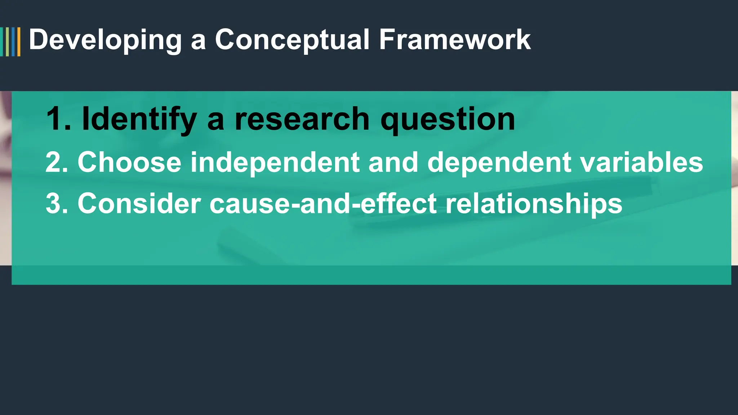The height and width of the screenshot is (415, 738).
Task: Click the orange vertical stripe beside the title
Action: click(19, 42)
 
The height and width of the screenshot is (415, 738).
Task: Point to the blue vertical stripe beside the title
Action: click(13, 42)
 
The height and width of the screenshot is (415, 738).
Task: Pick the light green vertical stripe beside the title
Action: click(8, 42)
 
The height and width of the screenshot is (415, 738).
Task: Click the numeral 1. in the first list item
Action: click(58, 119)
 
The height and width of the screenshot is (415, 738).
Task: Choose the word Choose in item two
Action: click(129, 162)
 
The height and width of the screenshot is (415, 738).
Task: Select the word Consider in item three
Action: click(139, 204)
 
